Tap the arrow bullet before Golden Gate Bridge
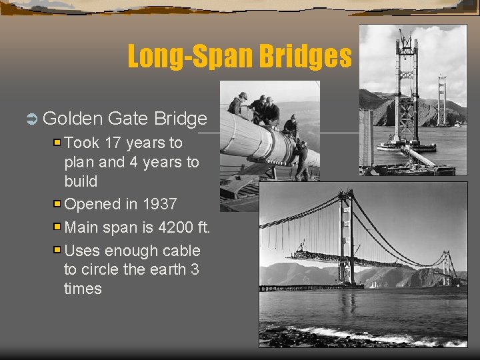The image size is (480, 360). [x=31, y=119]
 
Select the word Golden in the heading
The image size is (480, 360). [x=72, y=119]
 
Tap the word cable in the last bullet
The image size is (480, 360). [x=180, y=251]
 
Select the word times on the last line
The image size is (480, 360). [x=83, y=289]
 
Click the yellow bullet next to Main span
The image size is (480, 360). [x=57, y=227]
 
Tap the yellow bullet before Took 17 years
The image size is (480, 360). [x=57, y=143]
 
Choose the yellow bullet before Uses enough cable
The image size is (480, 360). [x=57, y=251]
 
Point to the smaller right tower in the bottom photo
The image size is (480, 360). [x=447, y=267]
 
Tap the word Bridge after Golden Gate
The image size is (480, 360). [x=181, y=119]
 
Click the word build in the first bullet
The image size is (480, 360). [x=81, y=181]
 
